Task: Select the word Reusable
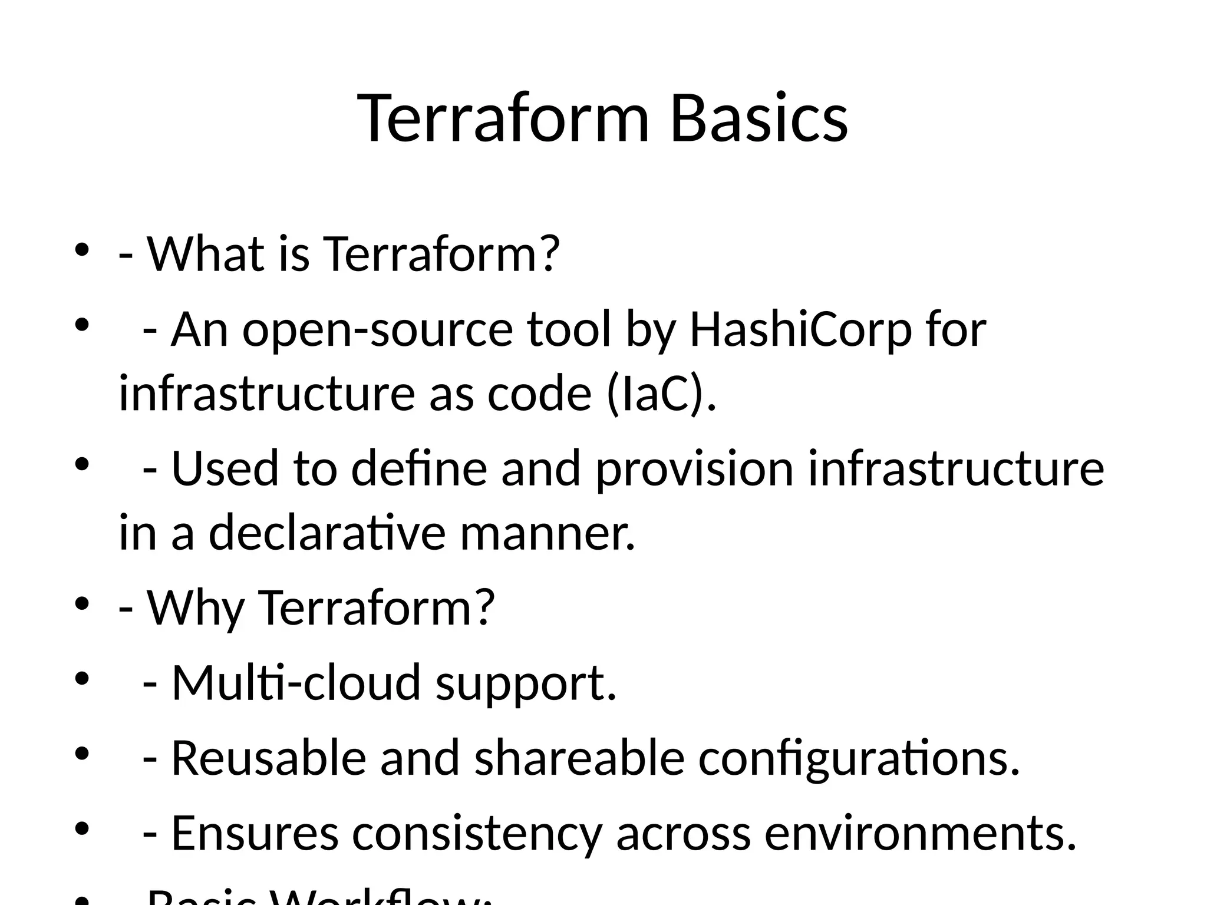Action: click(269, 758)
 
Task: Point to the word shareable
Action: click(579, 758)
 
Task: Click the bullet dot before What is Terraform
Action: click(81, 249)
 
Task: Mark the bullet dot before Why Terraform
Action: click(81, 604)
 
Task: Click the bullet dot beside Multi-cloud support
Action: click(81, 679)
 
